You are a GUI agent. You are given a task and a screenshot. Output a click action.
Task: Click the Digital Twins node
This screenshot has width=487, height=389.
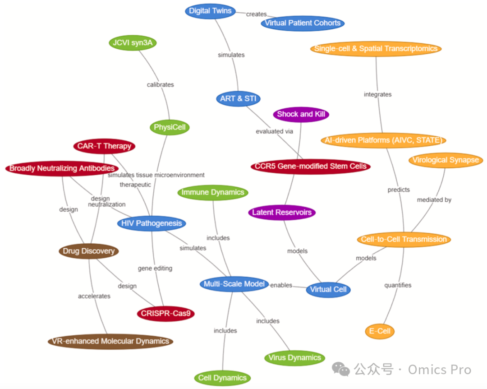tap(210, 11)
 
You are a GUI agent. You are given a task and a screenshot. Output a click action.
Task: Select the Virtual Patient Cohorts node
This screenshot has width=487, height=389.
tap(303, 23)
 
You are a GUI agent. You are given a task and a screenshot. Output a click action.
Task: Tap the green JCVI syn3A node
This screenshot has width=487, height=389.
tap(133, 43)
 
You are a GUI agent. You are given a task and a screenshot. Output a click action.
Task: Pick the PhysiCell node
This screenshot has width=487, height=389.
tap(170, 128)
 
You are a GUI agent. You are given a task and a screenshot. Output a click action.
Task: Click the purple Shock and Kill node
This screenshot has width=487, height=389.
tap(301, 114)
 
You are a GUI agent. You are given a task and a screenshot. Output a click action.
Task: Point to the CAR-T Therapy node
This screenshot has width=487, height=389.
tap(104, 146)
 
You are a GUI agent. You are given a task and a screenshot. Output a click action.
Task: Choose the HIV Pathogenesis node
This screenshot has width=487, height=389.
tap(152, 223)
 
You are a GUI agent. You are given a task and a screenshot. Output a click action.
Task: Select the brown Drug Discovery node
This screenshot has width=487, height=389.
tap(89, 251)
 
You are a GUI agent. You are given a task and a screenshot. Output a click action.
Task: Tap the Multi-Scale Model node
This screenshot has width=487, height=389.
tap(234, 284)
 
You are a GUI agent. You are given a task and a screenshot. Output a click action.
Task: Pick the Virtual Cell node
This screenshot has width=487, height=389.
tap(328, 290)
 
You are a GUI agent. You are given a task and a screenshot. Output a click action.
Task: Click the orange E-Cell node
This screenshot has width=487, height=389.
tap(380, 331)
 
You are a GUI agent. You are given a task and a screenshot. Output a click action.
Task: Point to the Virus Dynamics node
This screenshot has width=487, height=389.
tap(294, 358)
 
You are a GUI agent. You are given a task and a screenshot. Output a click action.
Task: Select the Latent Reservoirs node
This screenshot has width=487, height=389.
tap(282, 212)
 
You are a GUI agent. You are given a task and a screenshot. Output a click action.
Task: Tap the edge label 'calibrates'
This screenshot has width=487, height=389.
tap(160, 84)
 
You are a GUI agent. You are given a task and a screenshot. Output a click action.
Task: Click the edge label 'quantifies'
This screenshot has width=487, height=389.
tap(398, 285)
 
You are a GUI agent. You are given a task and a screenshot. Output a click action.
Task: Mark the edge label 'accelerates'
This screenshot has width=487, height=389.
tap(94, 296)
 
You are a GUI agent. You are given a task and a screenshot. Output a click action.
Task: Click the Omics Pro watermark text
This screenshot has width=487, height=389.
tap(439, 370)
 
